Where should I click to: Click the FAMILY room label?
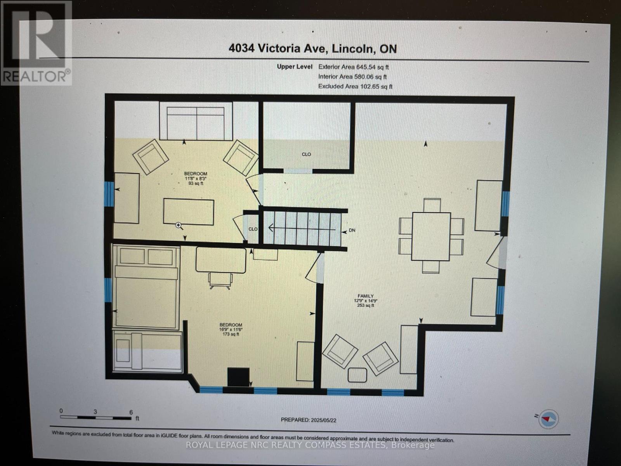click(365, 300)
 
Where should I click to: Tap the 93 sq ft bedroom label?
click(196, 178)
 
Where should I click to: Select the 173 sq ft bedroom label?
click(231, 329)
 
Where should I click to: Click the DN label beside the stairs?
click(352, 230)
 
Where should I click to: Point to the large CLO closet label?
click(306, 154)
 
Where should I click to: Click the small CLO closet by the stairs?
click(253, 229)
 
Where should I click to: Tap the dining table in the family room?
click(431, 236)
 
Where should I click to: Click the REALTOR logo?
click(36, 43)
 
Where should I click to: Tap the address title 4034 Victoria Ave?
click(312, 49)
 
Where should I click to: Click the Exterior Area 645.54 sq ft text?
click(353, 67)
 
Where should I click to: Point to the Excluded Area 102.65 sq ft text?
click(355, 86)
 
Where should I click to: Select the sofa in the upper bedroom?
click(196, 121)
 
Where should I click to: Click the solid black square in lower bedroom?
click(238, 377)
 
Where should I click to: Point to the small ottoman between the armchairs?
click(357, 375)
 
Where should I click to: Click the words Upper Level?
click(295, 67)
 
